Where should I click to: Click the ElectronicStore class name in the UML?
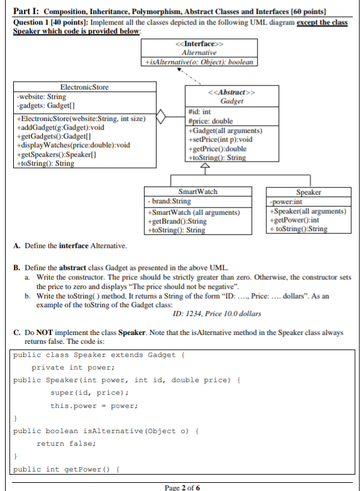tap(84, 87)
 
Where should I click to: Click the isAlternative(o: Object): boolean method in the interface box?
tap(199, 62)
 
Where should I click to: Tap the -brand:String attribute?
tap(169, 201)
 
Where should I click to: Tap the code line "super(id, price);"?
tap(90, 392)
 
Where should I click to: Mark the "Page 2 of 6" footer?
tap(181, 487)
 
